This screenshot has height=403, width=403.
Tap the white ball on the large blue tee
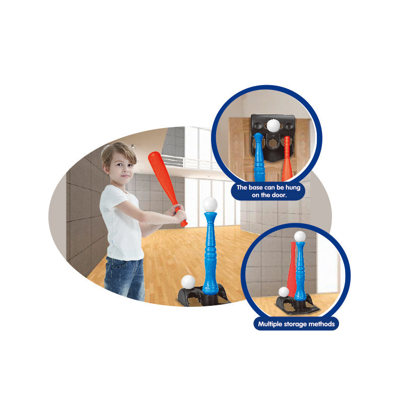[x=210, y=205]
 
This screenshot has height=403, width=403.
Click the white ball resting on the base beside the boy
[x=188, y=282]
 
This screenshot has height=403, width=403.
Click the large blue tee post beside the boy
[x=210, y=253]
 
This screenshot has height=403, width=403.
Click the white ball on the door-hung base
[x=273, y=125]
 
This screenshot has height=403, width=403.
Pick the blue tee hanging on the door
[x=259, y=157]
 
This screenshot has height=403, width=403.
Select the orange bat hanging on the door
[x=287, y=159]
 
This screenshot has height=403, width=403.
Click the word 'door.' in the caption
[x=279, y=195]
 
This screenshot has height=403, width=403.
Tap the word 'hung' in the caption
[x=293, y=187]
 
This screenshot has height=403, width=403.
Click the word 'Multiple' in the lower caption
[x=270, y=324]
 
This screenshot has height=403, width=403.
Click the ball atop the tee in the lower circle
[x=300, y=236]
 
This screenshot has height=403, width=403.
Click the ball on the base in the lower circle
[x=284, y=292]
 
